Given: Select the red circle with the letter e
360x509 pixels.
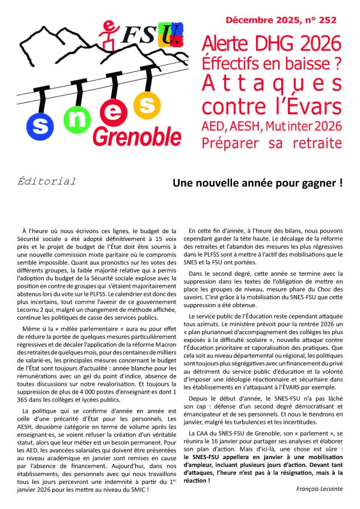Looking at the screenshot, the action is (x=111, y=109).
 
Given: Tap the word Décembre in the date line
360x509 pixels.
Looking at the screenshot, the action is (x=248, y=20).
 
